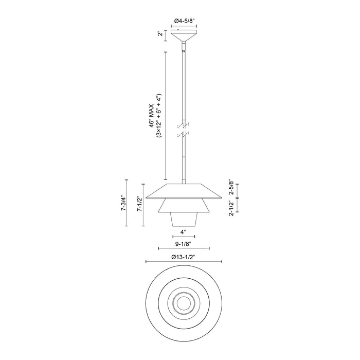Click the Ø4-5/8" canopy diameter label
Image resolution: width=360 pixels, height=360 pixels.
184,21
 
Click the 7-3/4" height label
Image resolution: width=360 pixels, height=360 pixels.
122,203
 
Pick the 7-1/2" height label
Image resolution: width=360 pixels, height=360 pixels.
139,204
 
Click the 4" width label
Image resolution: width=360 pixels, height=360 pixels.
183,232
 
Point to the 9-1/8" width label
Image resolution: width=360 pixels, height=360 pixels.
184,246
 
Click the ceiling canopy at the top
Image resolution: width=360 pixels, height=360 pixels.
184,38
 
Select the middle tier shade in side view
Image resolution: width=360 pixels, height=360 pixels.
184,206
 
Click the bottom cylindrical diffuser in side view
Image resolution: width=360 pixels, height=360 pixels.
184,221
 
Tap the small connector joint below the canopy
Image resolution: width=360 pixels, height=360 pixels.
184,50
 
